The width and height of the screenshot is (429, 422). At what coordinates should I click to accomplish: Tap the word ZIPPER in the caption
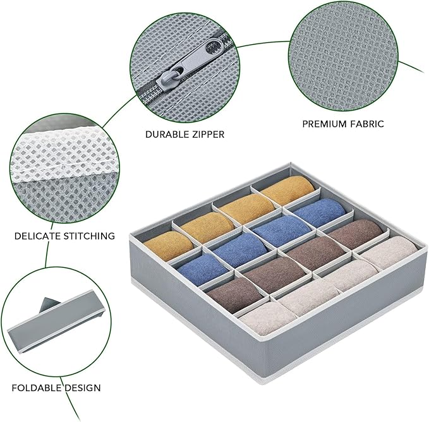[x=205, y=135]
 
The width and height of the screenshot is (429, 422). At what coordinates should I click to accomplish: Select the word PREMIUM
[x=323, y=124]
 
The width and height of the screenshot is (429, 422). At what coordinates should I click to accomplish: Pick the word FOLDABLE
[x=36, y=388]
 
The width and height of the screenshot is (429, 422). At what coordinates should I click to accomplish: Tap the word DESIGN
[x=82, y=388]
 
